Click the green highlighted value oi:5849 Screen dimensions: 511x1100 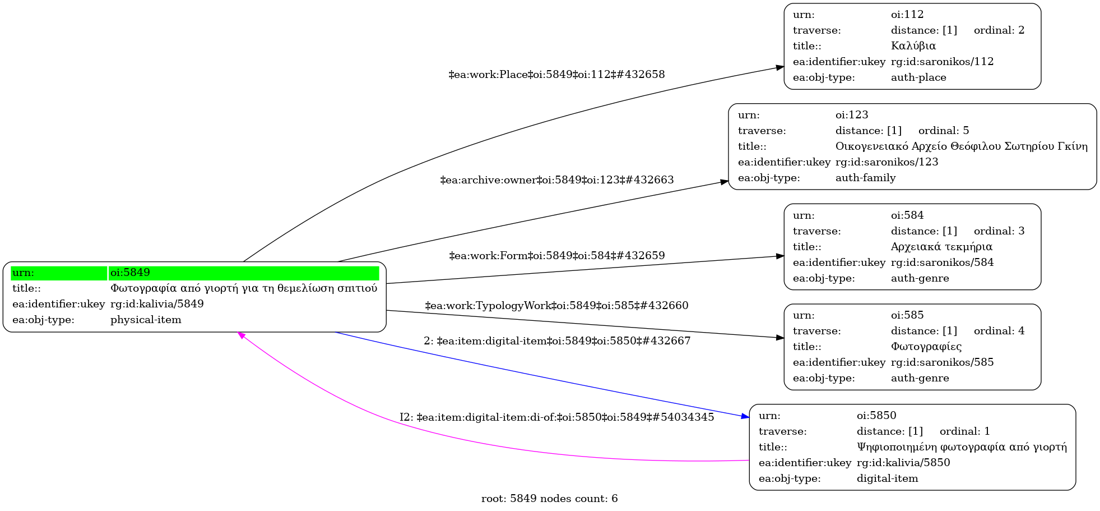click(130, 273)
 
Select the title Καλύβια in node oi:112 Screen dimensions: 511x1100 click(913, 46)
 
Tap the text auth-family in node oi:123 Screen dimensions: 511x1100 click(865, 178)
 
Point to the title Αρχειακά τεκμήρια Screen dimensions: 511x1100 click(941, 247)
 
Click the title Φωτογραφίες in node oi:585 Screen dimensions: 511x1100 click(926, 347)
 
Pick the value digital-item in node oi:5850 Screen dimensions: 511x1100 click(887, 478)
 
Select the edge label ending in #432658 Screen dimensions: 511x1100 click(556, 75)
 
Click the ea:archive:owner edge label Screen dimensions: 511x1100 click(556, 180)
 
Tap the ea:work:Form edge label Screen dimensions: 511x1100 click(556, 256)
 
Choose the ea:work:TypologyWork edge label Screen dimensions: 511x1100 click(556, 306)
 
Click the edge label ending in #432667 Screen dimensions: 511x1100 click(556, 341)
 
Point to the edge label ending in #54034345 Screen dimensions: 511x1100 click(556, 417)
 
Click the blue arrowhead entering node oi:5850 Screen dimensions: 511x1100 click(745, 417)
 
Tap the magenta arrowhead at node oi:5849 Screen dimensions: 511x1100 click(242, 335)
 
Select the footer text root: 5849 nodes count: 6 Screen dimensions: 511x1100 click(549, 499)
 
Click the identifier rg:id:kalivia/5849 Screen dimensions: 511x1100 click(157, 304)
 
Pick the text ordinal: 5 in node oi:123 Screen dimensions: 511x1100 click(943, 131)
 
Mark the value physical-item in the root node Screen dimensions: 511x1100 click(146, 320)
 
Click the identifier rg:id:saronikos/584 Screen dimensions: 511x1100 click(942, 263)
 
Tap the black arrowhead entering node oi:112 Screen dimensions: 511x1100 click(779, 67)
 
